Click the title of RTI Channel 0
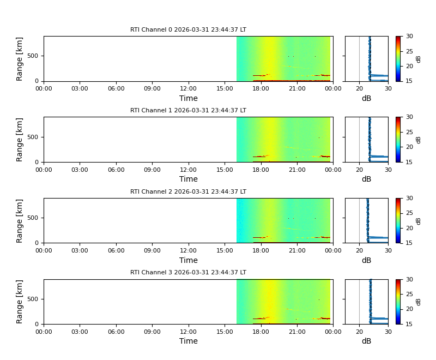tap(188, 30)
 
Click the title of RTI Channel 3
tap(188, 273)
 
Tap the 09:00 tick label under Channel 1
tap(152, 170)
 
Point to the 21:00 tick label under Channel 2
tap(297, 251)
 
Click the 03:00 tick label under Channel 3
tap(80, 332)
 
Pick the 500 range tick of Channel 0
tap(34, 56)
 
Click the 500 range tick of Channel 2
tap(34, 218)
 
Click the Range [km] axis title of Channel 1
tap(20, 140)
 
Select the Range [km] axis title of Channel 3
tap(20, 302)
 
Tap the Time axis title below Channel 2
tap(189, 261)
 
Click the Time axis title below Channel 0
tap(189, 99)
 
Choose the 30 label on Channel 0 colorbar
tap(409, 37)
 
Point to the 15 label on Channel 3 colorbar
tap(409, 324)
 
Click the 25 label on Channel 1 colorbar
tap(409, 132)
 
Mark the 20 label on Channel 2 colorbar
tap(409, 228)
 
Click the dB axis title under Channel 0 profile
tap(366, 99)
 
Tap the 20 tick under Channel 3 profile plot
tap(359, 332)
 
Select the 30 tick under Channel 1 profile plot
tap(388, 170)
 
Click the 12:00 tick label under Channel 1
tap(189, 170)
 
